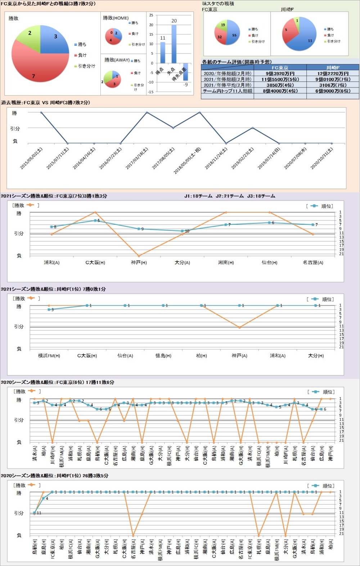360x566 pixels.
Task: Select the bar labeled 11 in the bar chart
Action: [163, 53]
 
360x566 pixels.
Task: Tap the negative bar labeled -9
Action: [185, 72]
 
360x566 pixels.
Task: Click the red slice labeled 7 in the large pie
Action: [36, 68]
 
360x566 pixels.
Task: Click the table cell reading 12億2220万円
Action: [333, 73]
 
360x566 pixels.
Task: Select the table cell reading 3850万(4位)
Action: [280, 85]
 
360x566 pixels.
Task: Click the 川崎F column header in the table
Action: [333, 67]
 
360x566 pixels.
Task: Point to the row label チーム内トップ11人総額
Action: [228, 91]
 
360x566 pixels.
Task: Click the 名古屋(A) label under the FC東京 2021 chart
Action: [313, 263]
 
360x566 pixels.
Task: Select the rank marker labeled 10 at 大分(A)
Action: [183, 231]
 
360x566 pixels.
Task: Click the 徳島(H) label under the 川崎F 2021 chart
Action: [163, 356]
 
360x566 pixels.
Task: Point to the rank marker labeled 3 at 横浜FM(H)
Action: [49, 309]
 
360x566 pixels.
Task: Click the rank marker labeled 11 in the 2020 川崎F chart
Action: [35, 513]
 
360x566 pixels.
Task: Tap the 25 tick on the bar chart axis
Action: [151, 15]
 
